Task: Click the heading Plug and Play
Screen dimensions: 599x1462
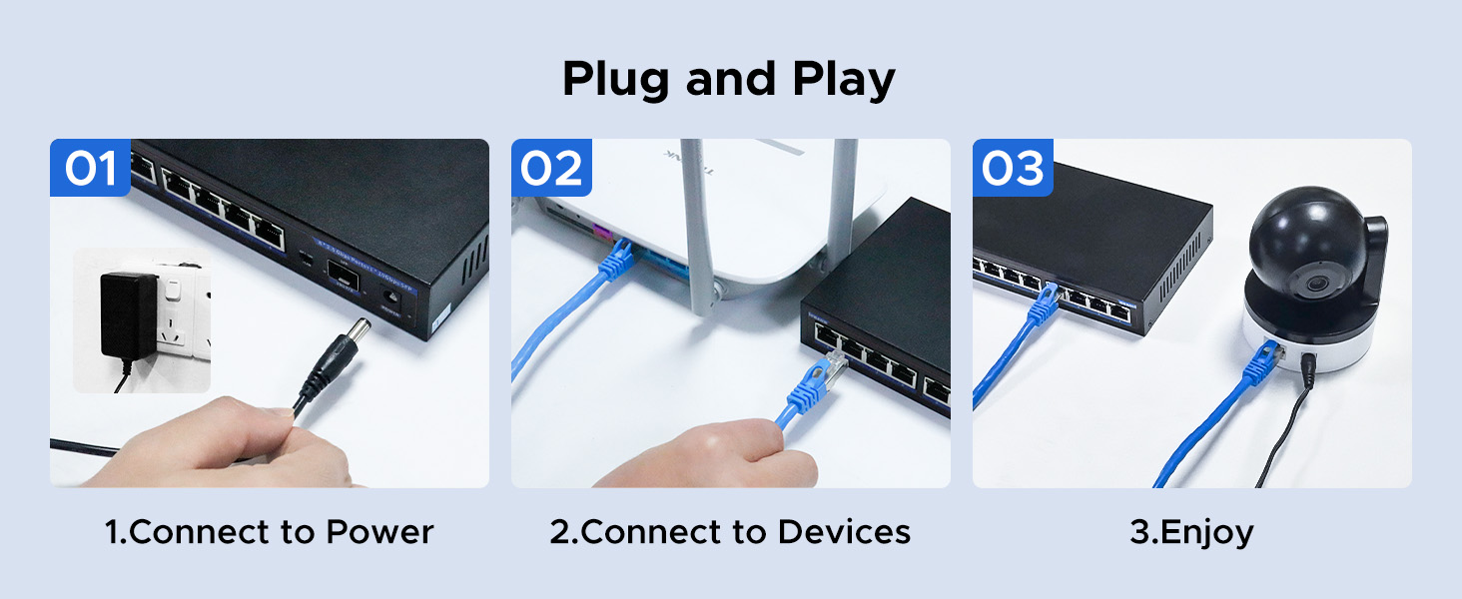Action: [729, 79]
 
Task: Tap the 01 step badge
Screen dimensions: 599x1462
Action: [91, 169]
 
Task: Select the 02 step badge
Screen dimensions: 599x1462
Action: [551, 169]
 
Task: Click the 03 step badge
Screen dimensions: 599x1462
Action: [1014, 169]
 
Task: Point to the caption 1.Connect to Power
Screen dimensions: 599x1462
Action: [269, 532]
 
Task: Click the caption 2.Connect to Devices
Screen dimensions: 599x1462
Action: [730, 532]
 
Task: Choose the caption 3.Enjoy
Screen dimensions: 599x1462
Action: [1191, 532]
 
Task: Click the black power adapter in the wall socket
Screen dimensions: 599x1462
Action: [128, 317]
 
